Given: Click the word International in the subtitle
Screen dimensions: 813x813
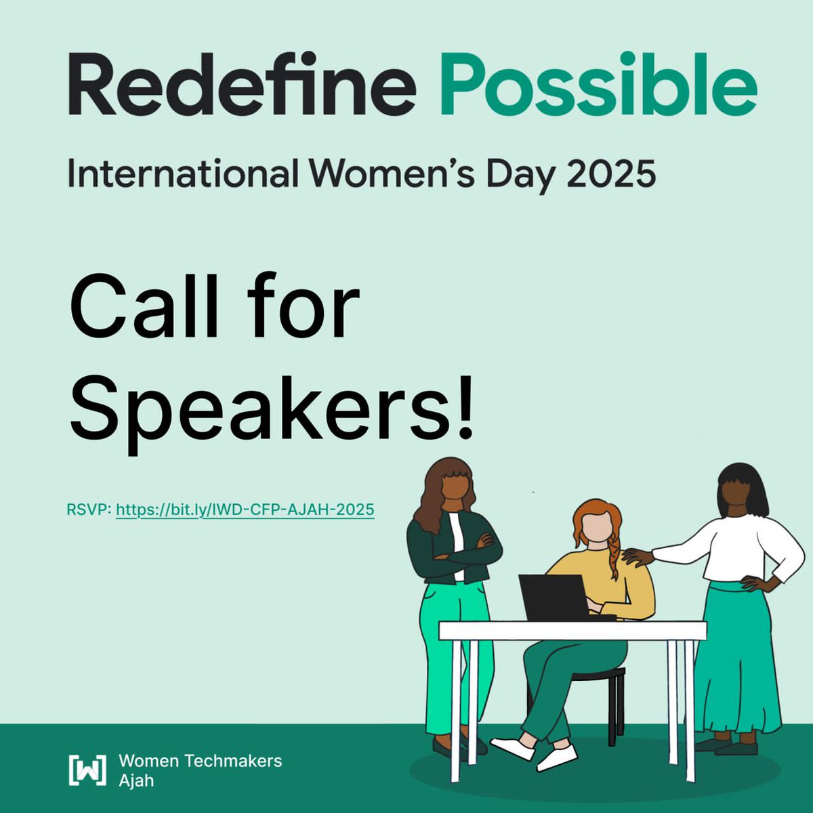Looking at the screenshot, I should pyautogui.click(x=183, y=173).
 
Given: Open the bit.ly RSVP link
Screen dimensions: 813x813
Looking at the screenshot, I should pyautogui.click(x=245, y=509).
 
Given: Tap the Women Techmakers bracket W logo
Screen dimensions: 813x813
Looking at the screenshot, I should pyautogui.click(x=87, y=770).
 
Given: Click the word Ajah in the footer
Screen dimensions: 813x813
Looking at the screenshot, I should pyautogui.click(x=136, y=780).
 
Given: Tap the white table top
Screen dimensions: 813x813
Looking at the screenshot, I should pyautogui.click(x=572, y=631).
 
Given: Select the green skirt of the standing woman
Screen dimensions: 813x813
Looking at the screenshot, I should pyautogui.click(x=735, y=664).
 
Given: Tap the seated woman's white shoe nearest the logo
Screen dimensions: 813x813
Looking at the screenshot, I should pyautogui.click(x=512, y=747).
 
